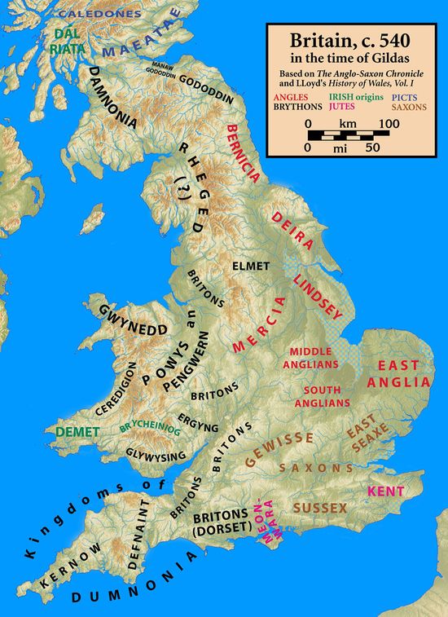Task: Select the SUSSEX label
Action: click(320, 508)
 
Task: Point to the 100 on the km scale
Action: click(389, 122)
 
